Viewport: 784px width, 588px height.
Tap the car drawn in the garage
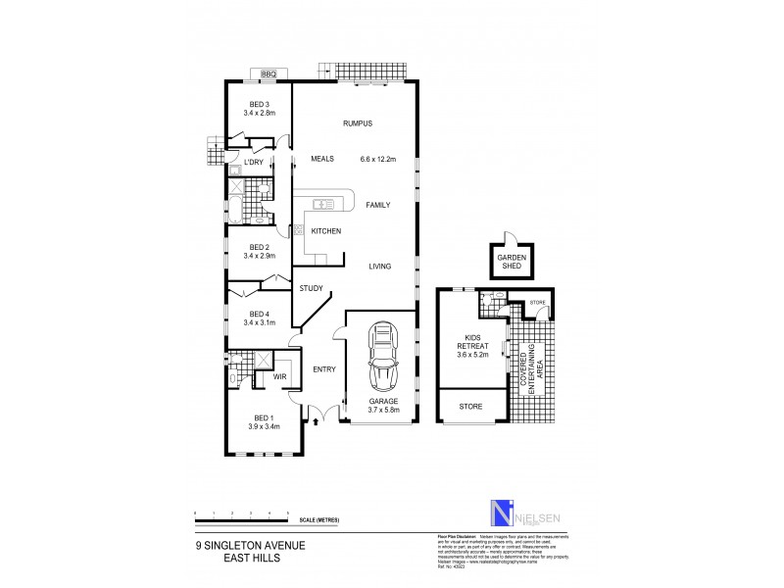(381, 358)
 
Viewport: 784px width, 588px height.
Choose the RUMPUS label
(358, 123)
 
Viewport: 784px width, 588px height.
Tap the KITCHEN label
(325, 231)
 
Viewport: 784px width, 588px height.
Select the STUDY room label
(311, 288)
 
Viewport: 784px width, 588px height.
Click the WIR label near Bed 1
(278, 375)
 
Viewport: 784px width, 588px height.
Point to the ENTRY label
(323, 369)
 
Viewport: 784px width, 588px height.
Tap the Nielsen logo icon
(501, 514)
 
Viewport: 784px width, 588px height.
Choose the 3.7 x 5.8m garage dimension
(381, 409)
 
